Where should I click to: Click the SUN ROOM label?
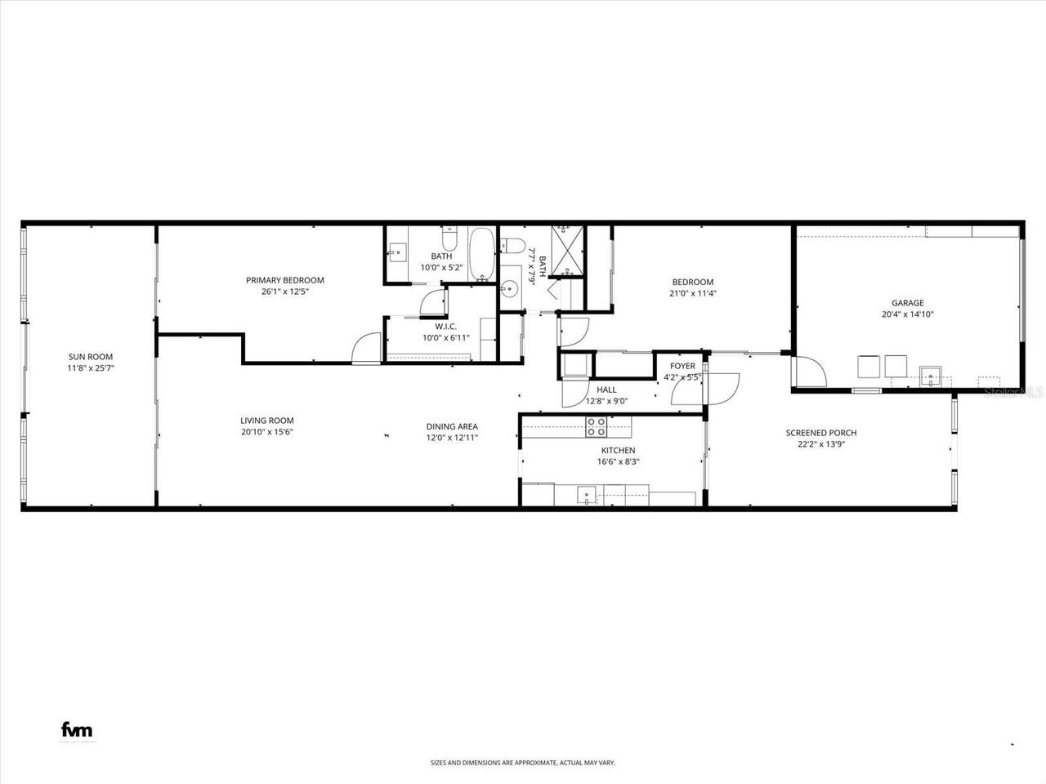click(90, 357)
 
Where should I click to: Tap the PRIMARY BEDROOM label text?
click(285, 280)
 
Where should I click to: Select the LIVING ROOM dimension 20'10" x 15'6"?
click(267, 432)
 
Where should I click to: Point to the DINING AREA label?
click(452, 426)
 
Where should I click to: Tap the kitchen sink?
click(587, 495)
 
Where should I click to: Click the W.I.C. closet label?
click(433, 327)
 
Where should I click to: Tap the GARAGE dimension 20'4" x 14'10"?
click(907, 314)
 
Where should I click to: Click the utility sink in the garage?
click(931, 376)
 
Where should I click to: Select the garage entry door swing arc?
click(809, 372)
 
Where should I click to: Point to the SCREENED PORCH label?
click(821, 433)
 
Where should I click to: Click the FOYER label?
click(682, 366)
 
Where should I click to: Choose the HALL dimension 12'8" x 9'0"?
click(606, 401)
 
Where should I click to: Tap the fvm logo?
click(77, 707)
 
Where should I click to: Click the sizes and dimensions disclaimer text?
click(523, 763)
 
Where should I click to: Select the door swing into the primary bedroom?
click(367, 348)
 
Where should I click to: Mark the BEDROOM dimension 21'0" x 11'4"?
click(693, 293)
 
